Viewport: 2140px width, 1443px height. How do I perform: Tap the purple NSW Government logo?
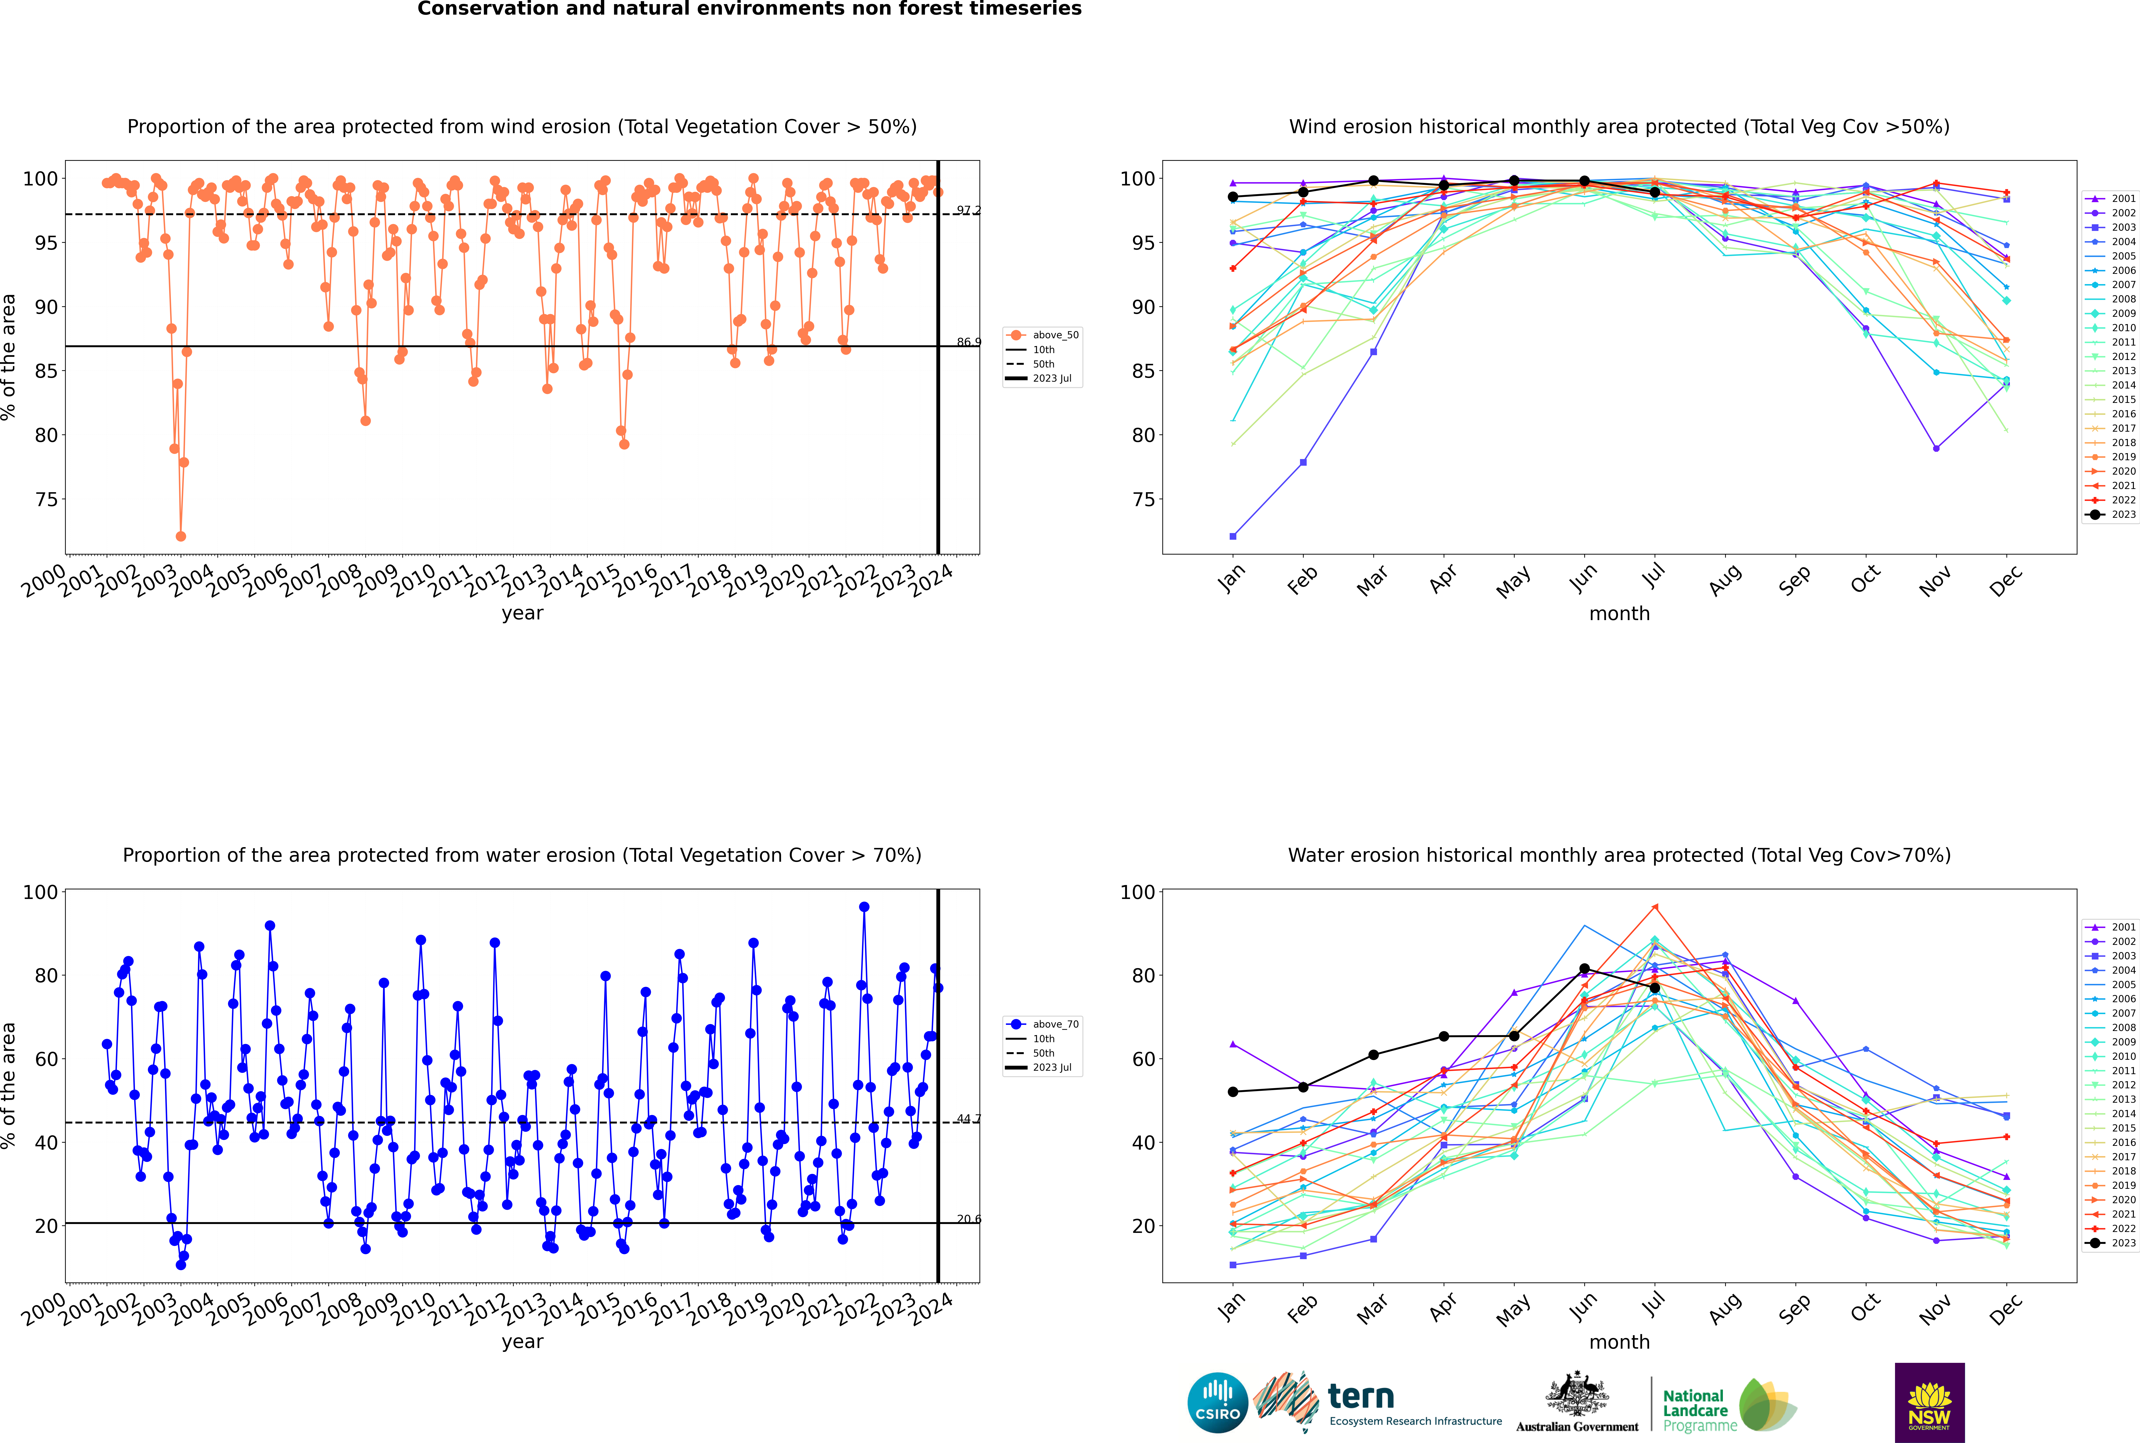click(1929, 1402)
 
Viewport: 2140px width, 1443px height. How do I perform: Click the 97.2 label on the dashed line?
click(968, 211)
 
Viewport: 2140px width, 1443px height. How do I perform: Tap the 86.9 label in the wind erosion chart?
click(968, 342)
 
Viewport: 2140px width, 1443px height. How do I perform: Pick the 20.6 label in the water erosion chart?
click(968, 1219)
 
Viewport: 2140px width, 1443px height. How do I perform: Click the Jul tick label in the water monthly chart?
click(1654, 1302)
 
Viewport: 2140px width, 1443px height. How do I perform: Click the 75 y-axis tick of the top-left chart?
click(46, 500)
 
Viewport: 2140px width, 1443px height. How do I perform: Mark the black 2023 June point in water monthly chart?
click(1584, 969)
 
